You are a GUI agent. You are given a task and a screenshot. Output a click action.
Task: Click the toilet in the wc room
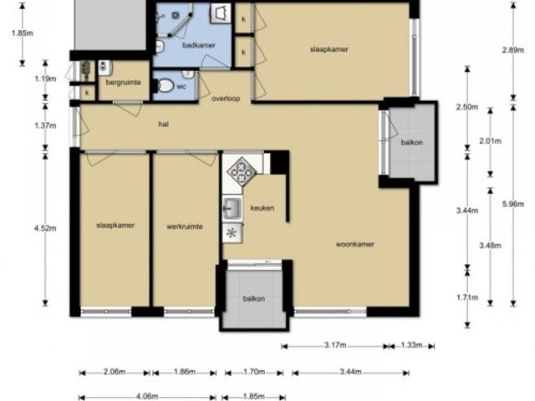click(x=164, y=85)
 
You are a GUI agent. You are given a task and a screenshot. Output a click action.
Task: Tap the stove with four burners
click(x=242, y=171)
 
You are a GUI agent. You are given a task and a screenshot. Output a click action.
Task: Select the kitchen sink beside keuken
click(x=232, y=208)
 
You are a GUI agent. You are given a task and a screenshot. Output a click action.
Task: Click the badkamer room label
click(x=198, y=45)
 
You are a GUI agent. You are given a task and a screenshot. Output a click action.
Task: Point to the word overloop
click(x=226, y=99)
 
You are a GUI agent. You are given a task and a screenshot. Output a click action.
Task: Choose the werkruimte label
click(x=185, y=226)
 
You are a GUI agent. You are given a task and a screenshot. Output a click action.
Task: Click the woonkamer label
click(x=354, y=244)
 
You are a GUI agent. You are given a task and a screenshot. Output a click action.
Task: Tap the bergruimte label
click(x=123, y=82)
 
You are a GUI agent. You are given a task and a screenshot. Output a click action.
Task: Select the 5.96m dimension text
click(x=512, y=204)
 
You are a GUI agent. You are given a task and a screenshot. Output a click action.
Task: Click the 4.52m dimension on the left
click(x=45, y=228)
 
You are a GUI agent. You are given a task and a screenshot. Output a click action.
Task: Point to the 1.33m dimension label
click(x=411, y=345)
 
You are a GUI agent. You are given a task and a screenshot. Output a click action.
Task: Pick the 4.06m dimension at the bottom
click(x=147, y=397)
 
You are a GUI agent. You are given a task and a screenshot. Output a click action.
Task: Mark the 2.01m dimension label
click(x=491, y=140)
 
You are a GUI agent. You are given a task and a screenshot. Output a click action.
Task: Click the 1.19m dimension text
click(x=45, y=79)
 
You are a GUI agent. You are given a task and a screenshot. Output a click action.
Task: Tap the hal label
click(x=164, y=124)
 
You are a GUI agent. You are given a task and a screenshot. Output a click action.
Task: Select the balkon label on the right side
click(x=412, y=142)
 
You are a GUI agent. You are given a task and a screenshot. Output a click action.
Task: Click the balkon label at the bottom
click(x=254, y=299)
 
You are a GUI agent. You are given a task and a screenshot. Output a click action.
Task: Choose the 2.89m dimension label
click(x=512, y=50)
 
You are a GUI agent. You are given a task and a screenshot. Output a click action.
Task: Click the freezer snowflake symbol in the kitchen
click(x=232, y=233)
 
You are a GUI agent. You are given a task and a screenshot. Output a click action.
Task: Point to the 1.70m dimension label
click(x=254, y=372)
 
